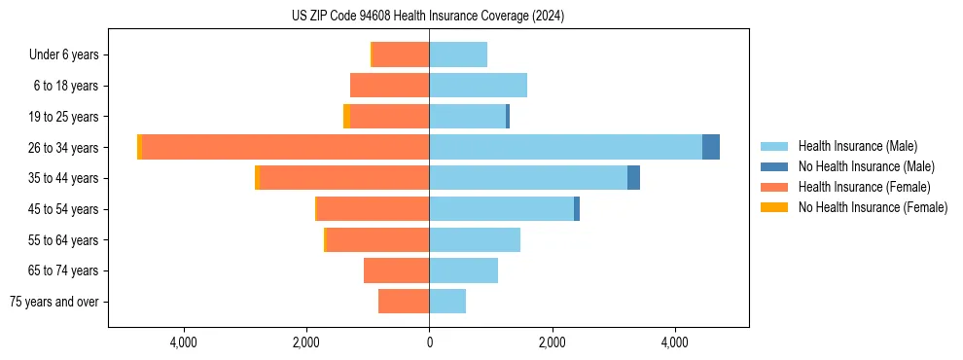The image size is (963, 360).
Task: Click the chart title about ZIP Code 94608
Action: tap(428, 16)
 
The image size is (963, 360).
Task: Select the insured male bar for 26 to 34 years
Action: tap(565, 147)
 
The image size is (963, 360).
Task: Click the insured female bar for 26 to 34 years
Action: tap(285, 147)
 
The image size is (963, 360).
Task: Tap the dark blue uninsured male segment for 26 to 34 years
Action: tap(711, 147)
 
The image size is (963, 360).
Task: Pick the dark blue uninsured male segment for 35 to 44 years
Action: tap(633, 178)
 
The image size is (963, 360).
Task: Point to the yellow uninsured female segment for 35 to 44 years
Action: tap(257, 178)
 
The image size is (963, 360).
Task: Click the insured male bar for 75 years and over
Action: tap(447, 302)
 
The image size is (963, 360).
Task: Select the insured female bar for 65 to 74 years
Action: tap(396, 270)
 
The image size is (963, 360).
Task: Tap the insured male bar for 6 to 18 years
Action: tap(478, 86)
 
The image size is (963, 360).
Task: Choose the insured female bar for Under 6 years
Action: tap(401, 54)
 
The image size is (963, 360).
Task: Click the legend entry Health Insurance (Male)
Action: tap(857, 146)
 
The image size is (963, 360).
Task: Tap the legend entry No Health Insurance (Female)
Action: tap(873, 207)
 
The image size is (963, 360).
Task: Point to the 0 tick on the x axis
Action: tap(429, 342)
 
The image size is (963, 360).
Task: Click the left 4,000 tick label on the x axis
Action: tap(184, 342)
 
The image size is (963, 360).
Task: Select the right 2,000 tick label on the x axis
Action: tap(552, 342)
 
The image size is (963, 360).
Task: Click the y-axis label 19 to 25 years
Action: tap(64, 117)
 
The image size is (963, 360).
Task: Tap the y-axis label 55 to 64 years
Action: tap(64, 240)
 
